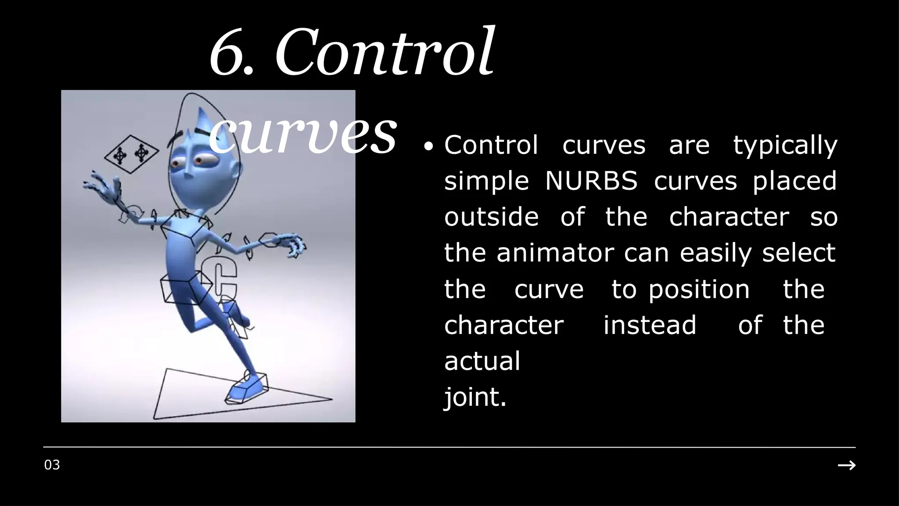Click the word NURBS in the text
591,181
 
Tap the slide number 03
52,465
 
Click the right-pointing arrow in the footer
846,465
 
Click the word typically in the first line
785,146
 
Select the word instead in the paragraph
650,325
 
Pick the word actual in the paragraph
482,361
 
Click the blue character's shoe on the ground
247,388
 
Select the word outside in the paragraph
491,217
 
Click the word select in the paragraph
798,253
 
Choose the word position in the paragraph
699,290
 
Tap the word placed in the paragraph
795,181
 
